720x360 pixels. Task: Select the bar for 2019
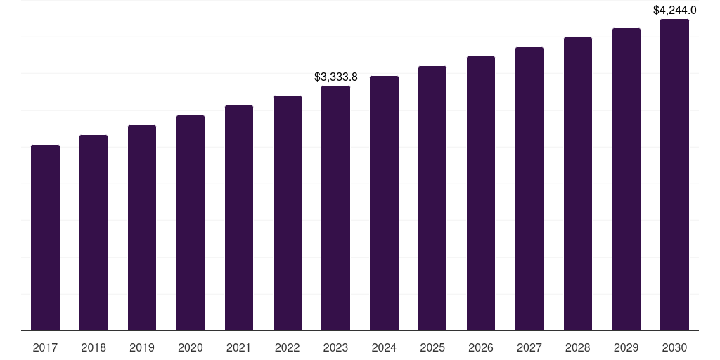click(x=142, y=228)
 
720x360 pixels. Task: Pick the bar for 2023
click(x=335, y=208)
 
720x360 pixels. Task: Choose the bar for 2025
click(x=432, y=198)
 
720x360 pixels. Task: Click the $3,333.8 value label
click(x=335, y=77)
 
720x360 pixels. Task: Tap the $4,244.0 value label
click(x=674, y=10)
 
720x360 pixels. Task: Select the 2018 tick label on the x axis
click(x=94, y=347)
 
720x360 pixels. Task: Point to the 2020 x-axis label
click(x=191, y=347)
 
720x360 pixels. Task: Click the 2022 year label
click(x=288, y=347)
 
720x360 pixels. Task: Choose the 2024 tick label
click(x=384, y=347)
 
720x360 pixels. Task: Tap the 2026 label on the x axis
click(x=481, y=347)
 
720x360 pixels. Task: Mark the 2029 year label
click(x=626, y=347)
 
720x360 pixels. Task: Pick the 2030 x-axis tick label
click(x=674, y=347)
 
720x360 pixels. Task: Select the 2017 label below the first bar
click(x=45, y=347)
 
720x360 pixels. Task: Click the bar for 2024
click(x=384, y=203)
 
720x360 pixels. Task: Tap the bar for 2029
click(x=626, y=179)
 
